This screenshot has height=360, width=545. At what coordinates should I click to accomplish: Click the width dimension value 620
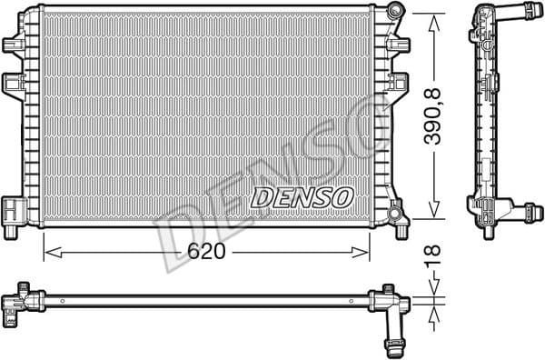pos(206,253)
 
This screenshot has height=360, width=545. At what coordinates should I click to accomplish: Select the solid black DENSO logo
pos(303,196)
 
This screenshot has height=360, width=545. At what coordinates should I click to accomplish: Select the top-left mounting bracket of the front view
pos(15,43)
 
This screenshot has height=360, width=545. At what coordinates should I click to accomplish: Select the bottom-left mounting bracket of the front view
pos(14,210)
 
